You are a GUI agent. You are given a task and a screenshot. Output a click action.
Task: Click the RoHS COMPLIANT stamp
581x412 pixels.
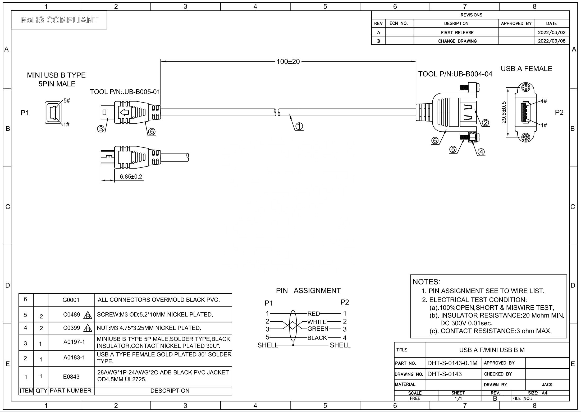59,20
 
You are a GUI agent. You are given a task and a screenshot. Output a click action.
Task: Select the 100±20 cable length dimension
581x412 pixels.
288,62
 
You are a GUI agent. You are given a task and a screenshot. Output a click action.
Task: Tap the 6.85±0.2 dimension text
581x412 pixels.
131,177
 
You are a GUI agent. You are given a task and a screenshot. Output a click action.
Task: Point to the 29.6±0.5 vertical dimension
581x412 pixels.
504,112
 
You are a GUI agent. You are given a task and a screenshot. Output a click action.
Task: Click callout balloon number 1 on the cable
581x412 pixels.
299,126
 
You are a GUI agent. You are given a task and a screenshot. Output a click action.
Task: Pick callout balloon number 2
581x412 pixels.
486,123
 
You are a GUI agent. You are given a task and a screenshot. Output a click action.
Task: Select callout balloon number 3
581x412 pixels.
100,129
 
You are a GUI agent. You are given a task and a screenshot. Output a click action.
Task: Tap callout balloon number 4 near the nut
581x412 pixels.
481,152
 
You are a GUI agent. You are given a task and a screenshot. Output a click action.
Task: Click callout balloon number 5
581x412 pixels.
453,150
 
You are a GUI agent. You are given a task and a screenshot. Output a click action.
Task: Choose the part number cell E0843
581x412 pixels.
71,377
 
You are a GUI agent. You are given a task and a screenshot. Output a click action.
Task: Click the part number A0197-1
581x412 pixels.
74,342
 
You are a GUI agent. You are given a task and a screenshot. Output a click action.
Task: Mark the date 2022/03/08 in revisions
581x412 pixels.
551,41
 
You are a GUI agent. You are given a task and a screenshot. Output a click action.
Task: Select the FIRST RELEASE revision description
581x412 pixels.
457,33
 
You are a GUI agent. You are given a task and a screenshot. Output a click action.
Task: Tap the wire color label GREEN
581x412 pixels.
318,329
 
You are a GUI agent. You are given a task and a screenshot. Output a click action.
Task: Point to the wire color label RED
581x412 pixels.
313,314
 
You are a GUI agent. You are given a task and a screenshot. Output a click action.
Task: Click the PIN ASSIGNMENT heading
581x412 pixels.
308,291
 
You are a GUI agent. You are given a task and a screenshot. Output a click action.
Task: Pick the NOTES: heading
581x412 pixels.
426,282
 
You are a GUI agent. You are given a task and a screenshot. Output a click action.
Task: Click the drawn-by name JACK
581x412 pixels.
547,385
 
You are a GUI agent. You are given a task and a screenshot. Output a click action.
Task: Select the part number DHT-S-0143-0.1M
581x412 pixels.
452,363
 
